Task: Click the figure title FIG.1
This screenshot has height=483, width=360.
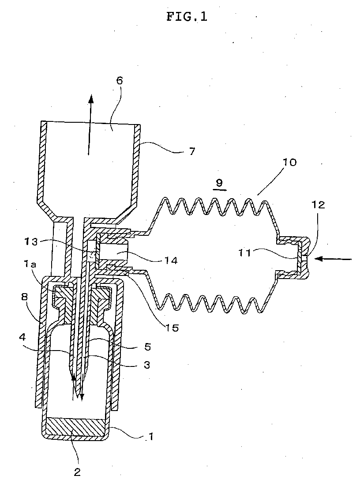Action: [187, 16]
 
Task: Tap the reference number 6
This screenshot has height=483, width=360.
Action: [120, 81]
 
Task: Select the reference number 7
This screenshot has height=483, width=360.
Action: [192, 151]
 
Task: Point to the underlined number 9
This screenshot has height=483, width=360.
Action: [219, 183]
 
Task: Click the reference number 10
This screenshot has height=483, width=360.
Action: [289, 162]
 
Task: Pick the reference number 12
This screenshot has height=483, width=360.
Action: [318, 204]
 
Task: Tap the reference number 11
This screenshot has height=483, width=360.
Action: [244, 253]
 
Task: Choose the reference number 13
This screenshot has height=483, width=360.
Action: [31, 242]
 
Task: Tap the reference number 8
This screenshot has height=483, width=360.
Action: [24, 296]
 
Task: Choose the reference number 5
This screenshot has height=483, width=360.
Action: [148, 347]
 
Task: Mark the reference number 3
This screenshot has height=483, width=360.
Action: [147, 365]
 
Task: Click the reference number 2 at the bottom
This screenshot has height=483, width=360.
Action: [77, 472]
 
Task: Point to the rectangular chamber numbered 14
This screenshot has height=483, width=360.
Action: [113, 252]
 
